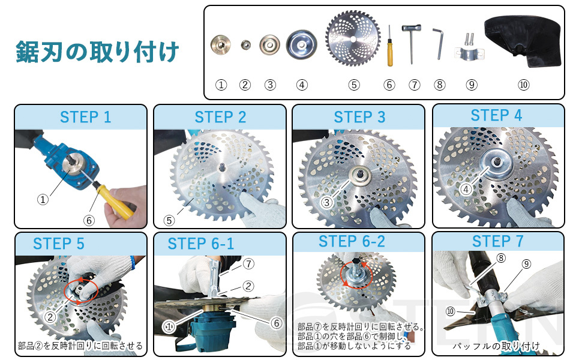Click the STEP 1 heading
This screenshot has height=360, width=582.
tap(85, 117)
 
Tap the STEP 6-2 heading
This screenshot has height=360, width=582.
tap(352, 242)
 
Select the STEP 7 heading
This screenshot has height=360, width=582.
tap(498, 242)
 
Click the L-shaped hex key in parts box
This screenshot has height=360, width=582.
tap(439, 44)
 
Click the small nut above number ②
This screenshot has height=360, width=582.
tap(245, 45)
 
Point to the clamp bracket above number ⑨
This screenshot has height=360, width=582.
tap(469, 50)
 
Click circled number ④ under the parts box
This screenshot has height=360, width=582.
tap(302, 85)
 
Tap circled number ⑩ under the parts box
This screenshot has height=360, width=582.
tap(523, 85)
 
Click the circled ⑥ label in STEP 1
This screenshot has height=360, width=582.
tap(89, 220)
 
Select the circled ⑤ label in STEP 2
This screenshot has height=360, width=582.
tap(169, 220)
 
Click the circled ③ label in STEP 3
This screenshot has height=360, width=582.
tap(326, 202)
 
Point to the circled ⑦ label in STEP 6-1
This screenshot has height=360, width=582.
tap(248, 264)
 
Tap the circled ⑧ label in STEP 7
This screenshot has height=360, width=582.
tap(501, 258)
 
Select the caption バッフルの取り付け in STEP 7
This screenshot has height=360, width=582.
tap(496, 346)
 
